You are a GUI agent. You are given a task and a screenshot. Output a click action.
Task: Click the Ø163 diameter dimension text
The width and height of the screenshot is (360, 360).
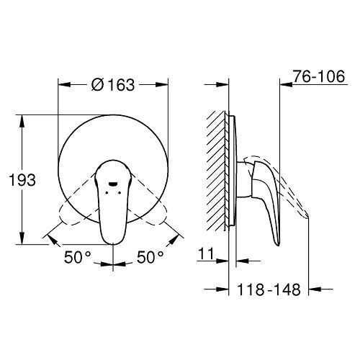click(x=113, y=84)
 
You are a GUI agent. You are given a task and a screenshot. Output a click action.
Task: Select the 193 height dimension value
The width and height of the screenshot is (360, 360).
click(x=22, y=180)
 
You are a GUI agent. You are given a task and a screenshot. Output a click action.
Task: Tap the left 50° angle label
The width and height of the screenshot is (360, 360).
click(x=78, y=257)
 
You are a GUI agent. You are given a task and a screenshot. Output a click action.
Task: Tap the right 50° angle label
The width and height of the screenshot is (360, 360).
click(x=150, y=257)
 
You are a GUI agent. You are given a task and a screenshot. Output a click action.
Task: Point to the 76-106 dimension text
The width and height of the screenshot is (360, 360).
click(x=319, y=76)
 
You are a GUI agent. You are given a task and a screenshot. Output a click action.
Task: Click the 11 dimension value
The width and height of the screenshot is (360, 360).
click(x=206, y=254)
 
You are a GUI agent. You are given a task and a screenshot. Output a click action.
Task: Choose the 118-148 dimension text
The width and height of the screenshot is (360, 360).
click(x=269, y=289)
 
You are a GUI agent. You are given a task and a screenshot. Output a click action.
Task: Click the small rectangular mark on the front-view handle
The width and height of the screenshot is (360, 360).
click(x=113, y=184)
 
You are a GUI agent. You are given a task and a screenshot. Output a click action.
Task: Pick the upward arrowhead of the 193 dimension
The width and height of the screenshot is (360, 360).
click(x=22, y=121)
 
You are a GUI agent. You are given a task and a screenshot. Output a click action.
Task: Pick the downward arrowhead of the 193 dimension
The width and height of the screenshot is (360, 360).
click(x=22, y=238)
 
